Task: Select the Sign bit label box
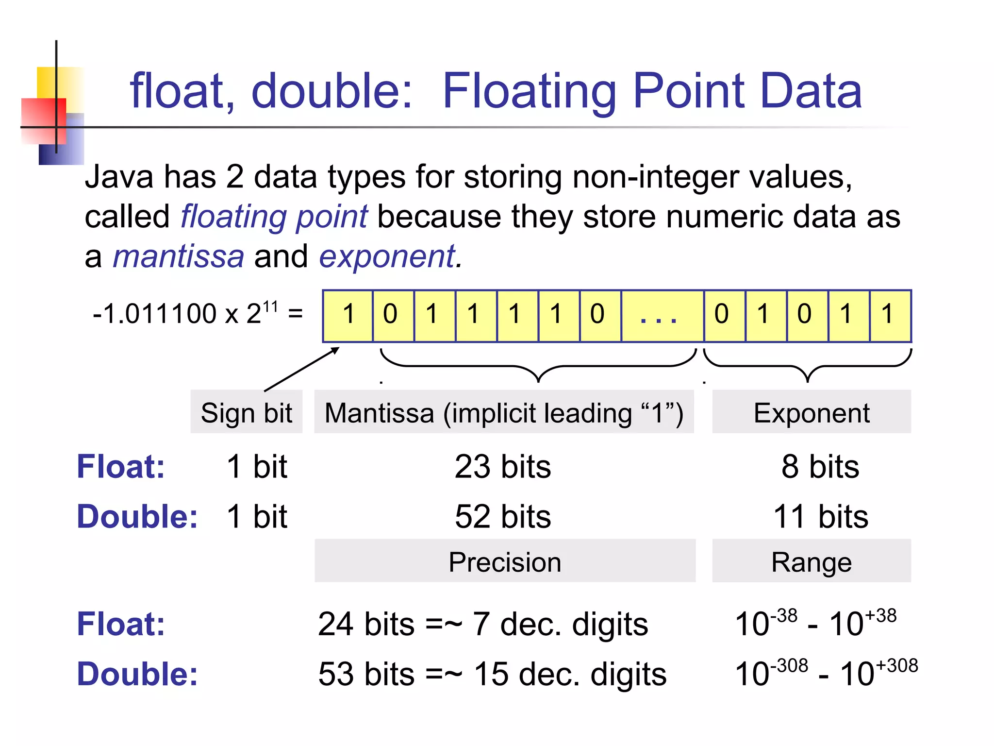247,412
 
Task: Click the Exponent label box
812,412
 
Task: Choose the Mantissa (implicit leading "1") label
504,412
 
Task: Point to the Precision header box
505,561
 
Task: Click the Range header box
812,561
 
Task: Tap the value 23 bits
503,467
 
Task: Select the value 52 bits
503,516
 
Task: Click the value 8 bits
820,467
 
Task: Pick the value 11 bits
820,516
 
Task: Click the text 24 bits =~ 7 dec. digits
483,624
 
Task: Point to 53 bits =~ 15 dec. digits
492,674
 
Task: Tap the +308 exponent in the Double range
897,665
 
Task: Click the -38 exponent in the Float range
784,616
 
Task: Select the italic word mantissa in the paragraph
179,256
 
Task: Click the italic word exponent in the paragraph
388,257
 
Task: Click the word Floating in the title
529,91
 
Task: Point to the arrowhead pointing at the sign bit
335,350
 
